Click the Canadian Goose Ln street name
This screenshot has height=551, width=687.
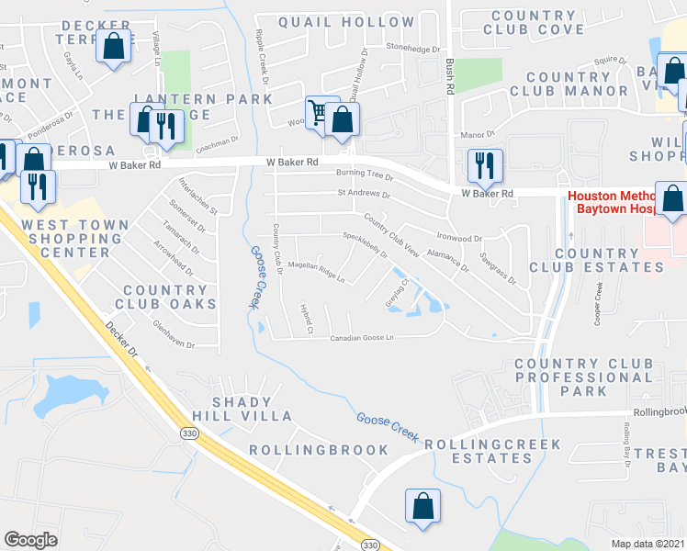[362, 337]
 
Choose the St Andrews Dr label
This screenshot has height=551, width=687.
[364, 195]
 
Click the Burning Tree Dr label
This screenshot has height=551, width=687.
[364, 174]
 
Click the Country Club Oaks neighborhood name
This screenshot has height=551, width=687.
[170, 297]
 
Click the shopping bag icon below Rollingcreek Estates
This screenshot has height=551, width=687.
[422, 506]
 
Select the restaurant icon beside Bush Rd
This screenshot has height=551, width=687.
[484, 166]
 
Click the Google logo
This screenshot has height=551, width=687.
[30, 539]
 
